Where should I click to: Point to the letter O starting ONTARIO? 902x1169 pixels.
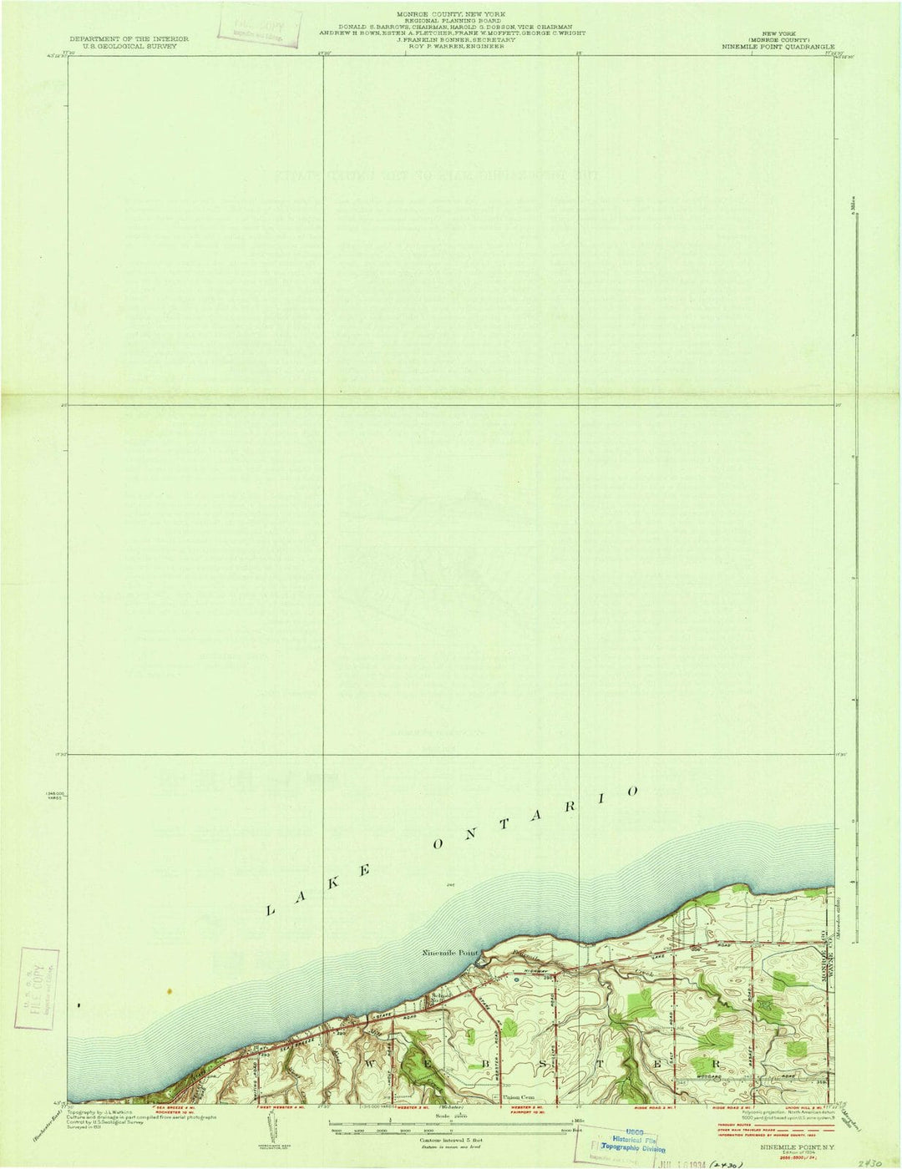[x=438, y=844]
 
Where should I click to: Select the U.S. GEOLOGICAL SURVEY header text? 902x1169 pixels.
[x=129, y=47]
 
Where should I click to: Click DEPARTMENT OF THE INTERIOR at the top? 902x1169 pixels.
[x=129, y=38]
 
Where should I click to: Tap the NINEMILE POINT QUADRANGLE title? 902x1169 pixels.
[x=778, y=47]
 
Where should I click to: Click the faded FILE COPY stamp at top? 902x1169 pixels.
[x=259, y=28]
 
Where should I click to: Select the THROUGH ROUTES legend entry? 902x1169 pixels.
[x=735, y=1124]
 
